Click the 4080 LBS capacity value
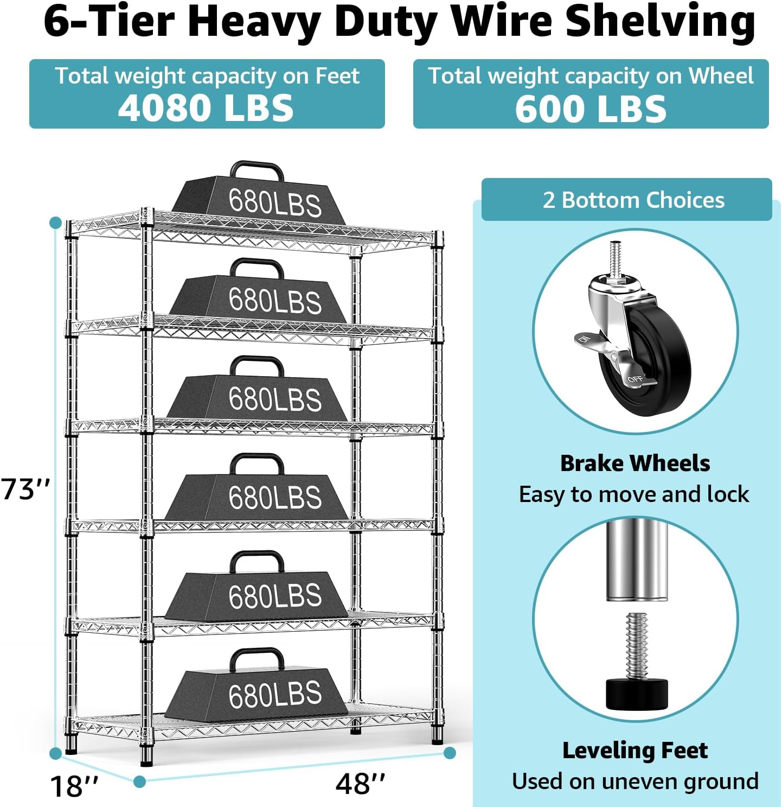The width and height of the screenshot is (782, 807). [x=206, y=107]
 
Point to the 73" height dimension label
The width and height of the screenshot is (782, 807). [x=25, y=490]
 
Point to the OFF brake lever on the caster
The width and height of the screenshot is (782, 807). [x=637, y=379]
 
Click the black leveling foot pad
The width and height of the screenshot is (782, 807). [x=636, y=694]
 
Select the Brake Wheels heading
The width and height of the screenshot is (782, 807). [x=634, y=463]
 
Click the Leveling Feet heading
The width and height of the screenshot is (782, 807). [x=634, y=751]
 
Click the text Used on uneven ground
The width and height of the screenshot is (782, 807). [x=634, y=781]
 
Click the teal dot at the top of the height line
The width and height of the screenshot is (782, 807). [x=55, y=223]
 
